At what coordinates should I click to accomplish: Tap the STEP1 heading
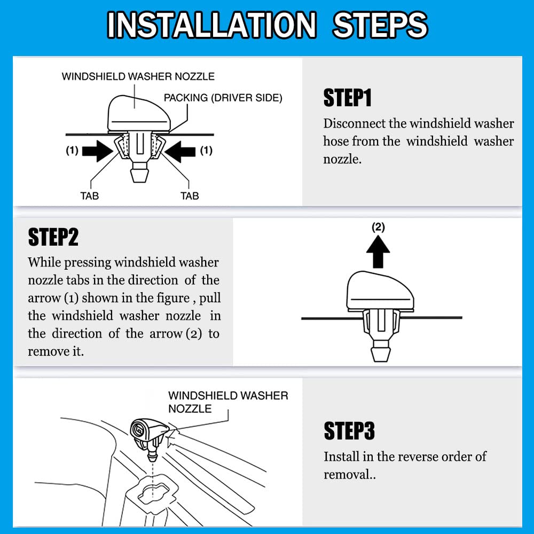pyautogui.click(x=347, y=98)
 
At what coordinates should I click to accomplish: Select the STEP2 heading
pyautogui.click(x=53, y=237)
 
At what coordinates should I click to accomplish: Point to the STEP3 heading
pyautogui.click(x=349, y=431)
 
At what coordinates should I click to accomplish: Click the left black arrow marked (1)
pyautogui.click(x=99, y=151)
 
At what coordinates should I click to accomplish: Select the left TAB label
pyautogui.click(x=90, y=196)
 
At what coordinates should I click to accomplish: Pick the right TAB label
pyautogui.click(x=190, y=196)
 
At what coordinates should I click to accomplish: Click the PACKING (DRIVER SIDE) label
pyautogui.click(x=223, y=98)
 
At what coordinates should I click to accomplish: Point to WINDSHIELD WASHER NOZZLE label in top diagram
pyautogui.click(x=138, y=76)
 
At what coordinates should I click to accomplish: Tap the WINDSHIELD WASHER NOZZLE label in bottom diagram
pyautogui.click(x=227, y=402)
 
